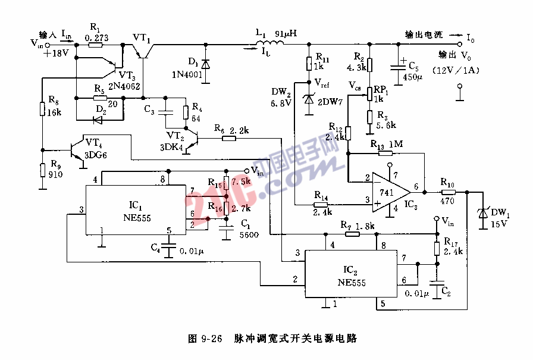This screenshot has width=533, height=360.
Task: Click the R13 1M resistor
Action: pos(385,153)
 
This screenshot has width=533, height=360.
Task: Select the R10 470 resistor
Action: pos(448,192)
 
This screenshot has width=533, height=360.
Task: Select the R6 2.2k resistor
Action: pos(228,138)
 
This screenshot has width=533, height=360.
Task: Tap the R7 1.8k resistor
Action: pos(353,234)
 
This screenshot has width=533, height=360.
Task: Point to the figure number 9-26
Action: pos(210,339)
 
